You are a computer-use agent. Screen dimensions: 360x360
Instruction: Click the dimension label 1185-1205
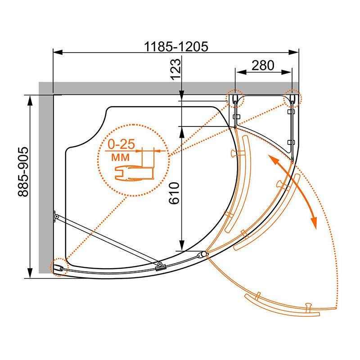[176, 47]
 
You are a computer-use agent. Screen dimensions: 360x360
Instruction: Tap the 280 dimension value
[263, 65]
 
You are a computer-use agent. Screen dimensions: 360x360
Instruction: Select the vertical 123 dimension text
[176, 69]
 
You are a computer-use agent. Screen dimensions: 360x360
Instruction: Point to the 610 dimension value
[174, 193]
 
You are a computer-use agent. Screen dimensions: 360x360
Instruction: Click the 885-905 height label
[23, 172]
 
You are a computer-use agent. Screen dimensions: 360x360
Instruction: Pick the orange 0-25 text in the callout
[121, 144]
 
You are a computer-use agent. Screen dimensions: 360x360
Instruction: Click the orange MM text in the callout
[120, 157]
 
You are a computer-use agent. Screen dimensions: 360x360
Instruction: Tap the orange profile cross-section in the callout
[134, 174]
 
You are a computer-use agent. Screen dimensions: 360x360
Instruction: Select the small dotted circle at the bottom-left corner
[59, 267]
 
